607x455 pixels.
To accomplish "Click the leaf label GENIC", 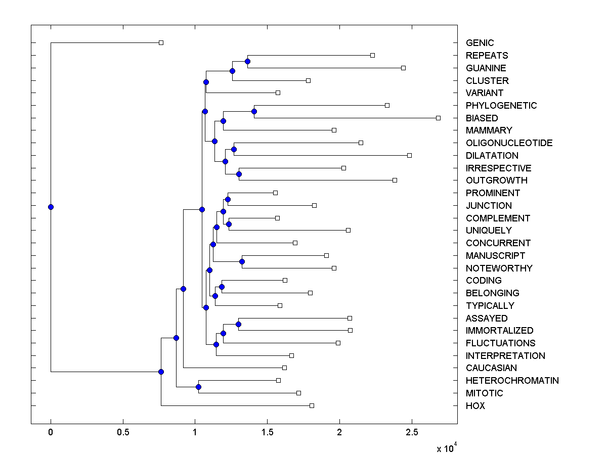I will (480, 43).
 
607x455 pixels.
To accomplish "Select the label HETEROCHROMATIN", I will (512, 381).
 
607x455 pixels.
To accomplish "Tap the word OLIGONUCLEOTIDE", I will (509, 143).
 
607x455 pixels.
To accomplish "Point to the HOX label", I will (475, 406).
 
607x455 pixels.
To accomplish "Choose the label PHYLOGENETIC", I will (501, 106).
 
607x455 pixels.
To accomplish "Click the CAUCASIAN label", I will (491, 368).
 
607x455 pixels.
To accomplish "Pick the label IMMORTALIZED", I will (499, 331).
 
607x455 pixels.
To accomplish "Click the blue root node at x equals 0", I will (51, 207).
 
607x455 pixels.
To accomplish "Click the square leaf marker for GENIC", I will (161, 43).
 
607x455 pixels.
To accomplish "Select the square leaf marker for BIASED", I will (438, 118).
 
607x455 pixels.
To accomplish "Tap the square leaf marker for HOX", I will (312, 405).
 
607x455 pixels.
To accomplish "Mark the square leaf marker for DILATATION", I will (409, 155).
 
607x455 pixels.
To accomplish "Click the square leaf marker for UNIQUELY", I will (348, 230).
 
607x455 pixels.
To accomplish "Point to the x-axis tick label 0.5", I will (122, 432).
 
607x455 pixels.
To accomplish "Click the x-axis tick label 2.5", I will (412, 432).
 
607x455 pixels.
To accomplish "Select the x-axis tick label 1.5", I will (267, 432).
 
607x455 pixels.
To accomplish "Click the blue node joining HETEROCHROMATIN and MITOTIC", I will (198, 387).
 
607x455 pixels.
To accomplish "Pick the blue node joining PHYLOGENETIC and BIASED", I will (254, 111).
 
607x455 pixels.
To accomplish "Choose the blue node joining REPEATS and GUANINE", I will (247, 62).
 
